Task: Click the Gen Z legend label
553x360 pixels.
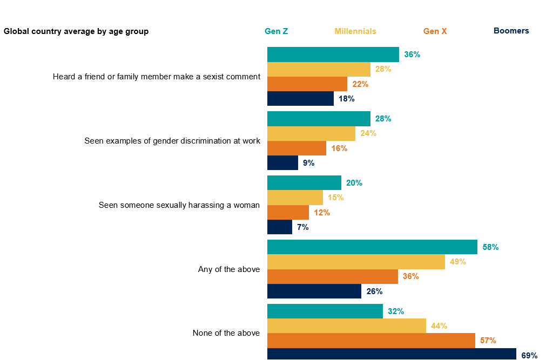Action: pyautogui.click(x=276, y=31)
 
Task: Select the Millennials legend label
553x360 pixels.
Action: pyautogui.click(x=355, y=31)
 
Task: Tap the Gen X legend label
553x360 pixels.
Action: pyautogui.click(x=435, y=31)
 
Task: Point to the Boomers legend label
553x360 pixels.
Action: pyautogui.click(x=511, y=31)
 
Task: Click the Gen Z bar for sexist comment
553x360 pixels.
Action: pyautogui.click(x=333, y=55)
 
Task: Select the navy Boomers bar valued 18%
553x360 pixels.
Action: pyautogui.click(x=300, y=99)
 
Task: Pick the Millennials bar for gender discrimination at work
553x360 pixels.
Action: pyautogui.click(x=311, y=133)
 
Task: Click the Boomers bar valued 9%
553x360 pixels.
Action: pyautogui.click(x=282, y=163)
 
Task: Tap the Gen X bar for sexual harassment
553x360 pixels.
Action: pyautogui.click(x=288, y=213)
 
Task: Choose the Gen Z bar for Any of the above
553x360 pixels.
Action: pyautogui.click(x=372, y=247)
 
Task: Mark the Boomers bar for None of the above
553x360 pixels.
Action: pyautogui.click(x=392, y=354)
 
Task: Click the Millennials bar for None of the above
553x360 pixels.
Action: pyautogui.click(x=346, y=326)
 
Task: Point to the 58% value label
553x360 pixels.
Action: pyautogui.click(x=490, y=247)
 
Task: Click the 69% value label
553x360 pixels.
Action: pyautogui.click(x=529, y=355)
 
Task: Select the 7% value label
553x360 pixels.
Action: pyautogui.click(x=302, y=227)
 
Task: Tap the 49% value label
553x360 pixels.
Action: pyautogui.click(x=457, y=262)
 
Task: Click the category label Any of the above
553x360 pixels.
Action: pyautogui.click(x=229, y=269)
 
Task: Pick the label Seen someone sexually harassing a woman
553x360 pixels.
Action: pyautogui.click(x=179, y=205)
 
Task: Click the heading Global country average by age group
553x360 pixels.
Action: pyautogui.click(x=76, y=31)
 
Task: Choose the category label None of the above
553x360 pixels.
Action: pyautogui.click(x=226, y=333)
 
